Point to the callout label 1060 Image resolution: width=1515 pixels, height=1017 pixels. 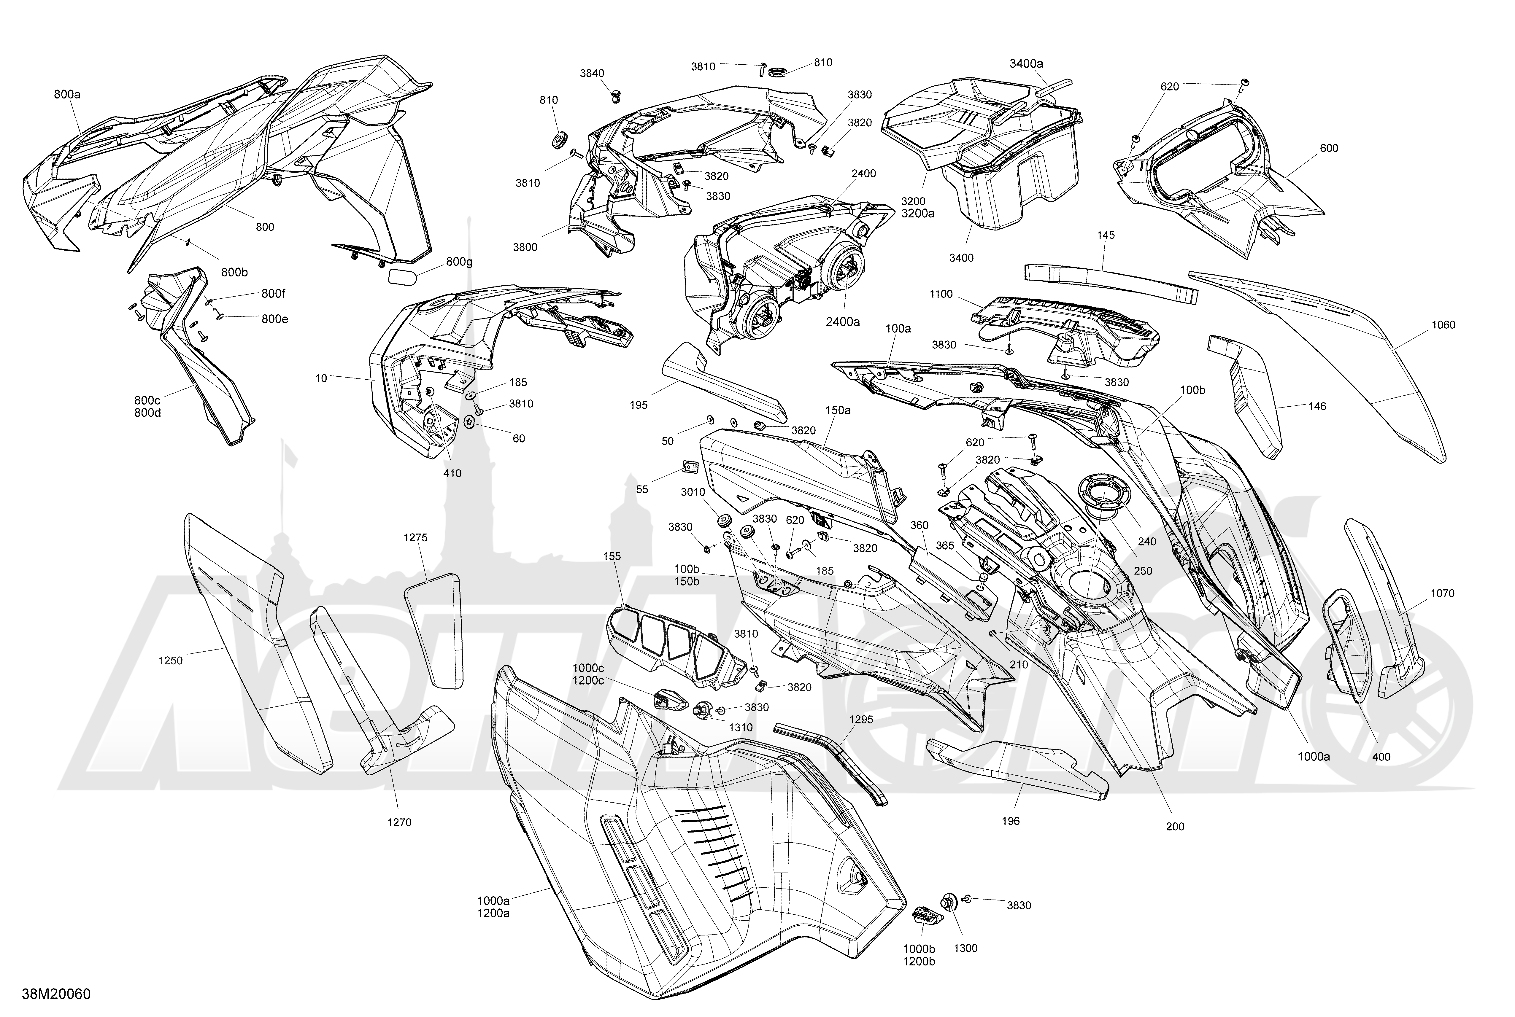[1443, 325]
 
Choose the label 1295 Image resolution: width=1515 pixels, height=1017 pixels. [860, 719]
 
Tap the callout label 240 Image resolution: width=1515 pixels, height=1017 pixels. [1147, 542]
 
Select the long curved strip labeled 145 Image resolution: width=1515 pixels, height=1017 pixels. [1111, 281]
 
